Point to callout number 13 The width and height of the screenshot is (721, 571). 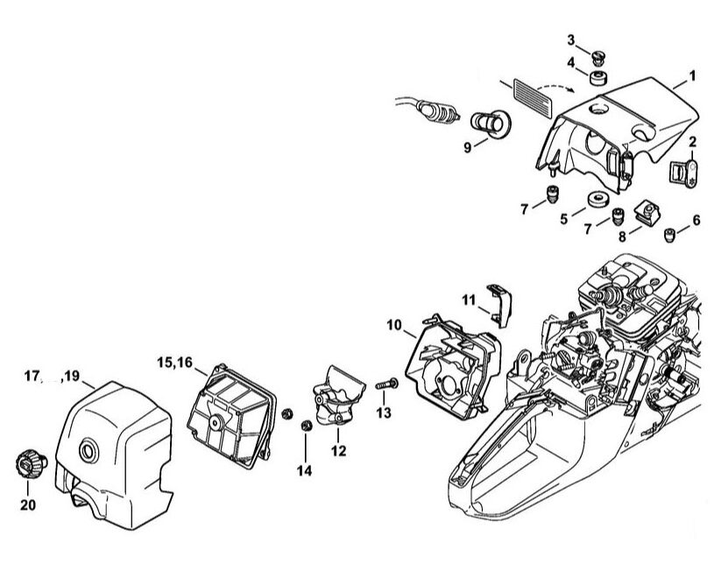click(x=383, y=412)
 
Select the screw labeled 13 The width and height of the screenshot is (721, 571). click(x=387, y=383)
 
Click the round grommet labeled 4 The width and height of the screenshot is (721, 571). click(x=599, y=78)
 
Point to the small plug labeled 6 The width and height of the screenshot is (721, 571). click(x=670, y=233)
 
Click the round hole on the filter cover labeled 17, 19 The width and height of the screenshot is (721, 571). click(x=88, y=452)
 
